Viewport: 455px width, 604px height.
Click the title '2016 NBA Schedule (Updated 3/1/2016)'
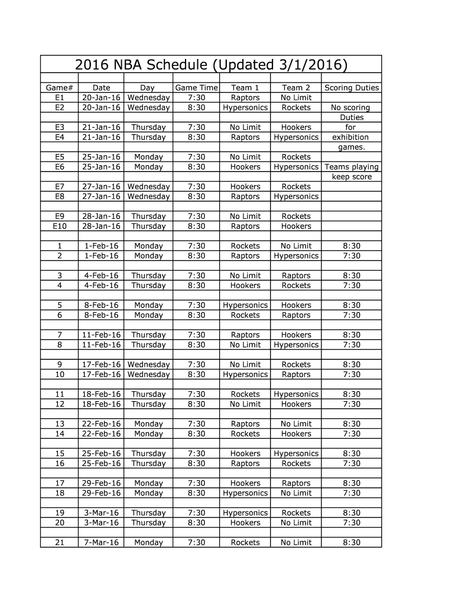tap(211, 64)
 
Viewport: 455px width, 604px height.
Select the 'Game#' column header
tap(59, 88)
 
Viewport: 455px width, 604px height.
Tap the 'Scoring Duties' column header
tap(352, 88)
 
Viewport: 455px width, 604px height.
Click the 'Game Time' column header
tap(196, 88)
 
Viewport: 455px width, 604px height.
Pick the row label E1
tap(59, 98)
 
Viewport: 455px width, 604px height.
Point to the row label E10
tap(59, 226)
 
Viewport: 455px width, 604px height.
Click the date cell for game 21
tap(101, 543)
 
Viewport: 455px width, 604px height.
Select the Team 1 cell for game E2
tap(245, 108)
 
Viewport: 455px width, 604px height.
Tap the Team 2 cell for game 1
tap(296, 246)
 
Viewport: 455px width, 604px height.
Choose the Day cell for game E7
tap(148, 187)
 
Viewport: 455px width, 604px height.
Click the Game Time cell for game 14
tap(196, 434)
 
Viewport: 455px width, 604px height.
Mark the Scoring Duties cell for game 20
tap(352, 523)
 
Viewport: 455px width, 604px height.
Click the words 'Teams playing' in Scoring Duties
tap(352, 167)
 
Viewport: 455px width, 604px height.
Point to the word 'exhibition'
tap(350, 137)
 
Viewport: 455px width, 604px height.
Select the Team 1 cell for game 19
tap(245, 513)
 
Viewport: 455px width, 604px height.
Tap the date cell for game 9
tap(101, 365)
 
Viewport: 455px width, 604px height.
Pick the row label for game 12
tap(59, 405)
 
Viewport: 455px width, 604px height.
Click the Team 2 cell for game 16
tap(296, 464)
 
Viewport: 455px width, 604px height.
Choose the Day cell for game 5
tap(148, 306)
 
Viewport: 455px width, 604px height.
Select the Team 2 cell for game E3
tap(296, 127)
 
